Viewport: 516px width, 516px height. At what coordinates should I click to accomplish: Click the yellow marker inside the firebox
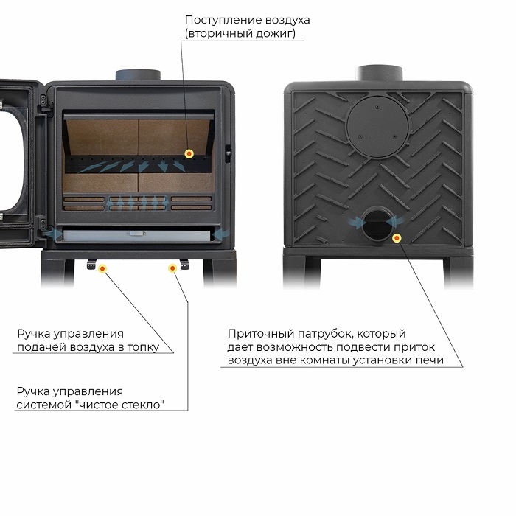pyautogui.click(x=189, y=153)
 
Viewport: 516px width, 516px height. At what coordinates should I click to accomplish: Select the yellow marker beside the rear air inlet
pyautogui.click(x=397, y=237)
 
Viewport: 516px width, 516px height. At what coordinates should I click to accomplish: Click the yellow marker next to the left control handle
pyautogui.click(x=102, y=269)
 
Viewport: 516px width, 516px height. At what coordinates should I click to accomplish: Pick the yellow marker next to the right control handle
pyautogui.click(x=172, y=268)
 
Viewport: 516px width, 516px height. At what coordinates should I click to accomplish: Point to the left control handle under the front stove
pyautogui.click(x=91, y=264)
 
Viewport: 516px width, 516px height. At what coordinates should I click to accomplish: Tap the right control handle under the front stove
pyautogui.click(x=184, y=264)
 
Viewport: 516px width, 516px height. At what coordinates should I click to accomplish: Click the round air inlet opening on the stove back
pyautogui.click(x=377, y=225)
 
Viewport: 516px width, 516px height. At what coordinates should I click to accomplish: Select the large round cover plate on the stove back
pyautogui.click(x=377, y=126)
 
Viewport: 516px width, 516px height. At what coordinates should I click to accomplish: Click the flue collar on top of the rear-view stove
pyautogui.click(x=380, y=73)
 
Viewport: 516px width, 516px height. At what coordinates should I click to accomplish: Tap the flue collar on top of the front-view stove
pyautogui.click(x=138, y=75)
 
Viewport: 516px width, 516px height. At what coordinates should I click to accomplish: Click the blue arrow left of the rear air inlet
pyautogui.click(x=355, y=223)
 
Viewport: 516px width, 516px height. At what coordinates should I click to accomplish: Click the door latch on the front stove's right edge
pyautogui.click(x=227, y=153)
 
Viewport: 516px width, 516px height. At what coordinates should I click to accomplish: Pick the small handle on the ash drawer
pyautogui.click(x=136, y=234)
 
